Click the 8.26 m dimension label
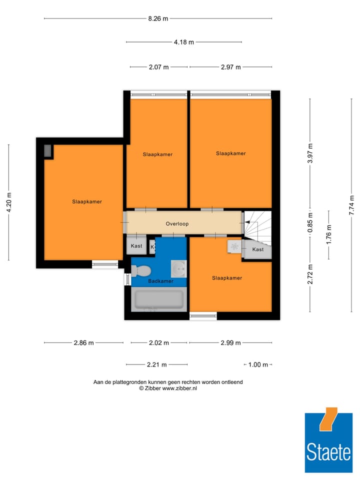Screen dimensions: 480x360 [158, 18]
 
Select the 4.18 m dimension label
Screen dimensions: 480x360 [183, 42]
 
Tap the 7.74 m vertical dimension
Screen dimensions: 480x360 [351, 205]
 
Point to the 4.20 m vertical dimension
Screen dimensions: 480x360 [8, 202]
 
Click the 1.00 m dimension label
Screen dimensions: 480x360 [258, 364]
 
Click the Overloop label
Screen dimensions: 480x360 [177, 224]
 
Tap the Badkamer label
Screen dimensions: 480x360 [160, 281]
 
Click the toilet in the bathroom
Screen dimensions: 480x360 [142, 270]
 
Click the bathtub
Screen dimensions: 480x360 [157, 300]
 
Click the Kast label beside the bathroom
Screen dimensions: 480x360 [136, 246]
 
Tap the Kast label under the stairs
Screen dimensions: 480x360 [258, 249]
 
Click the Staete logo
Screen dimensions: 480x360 [328, 439]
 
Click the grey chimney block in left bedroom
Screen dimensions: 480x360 [48, 150]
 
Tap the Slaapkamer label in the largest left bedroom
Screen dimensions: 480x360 [87, 201]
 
